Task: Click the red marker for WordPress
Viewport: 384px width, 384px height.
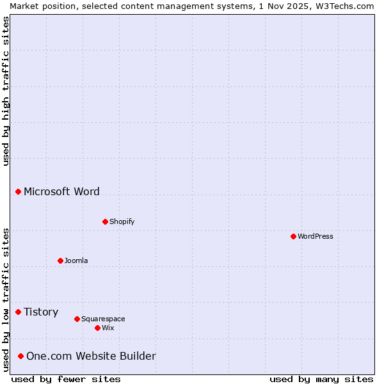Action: tap(293, 236)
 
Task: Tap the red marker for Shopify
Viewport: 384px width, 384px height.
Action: tap(105, 221)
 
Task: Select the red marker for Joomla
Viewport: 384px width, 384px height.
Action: tap(60, 260)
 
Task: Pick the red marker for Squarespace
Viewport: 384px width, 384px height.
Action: tap(77, 319)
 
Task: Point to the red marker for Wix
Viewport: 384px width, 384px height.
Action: tap(97, 328)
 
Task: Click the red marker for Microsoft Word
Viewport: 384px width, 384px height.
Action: tap(19, 191)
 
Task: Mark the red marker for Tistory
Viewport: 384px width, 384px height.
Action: tap(19, 312)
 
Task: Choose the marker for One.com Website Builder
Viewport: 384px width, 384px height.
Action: tap(21, 356)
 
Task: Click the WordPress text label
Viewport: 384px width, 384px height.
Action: tap(315, 236)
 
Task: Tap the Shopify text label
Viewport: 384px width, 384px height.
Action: tap(122, 221)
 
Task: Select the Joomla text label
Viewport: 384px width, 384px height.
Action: tap(76, 260)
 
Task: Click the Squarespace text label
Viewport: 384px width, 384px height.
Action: tap(103, 319)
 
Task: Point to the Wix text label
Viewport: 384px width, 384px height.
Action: tap(108, 328)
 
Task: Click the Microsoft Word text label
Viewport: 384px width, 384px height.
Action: tap(61, 191)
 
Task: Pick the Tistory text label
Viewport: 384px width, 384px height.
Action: tap(41, 312)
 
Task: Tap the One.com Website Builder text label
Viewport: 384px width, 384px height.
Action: tap(91, 356)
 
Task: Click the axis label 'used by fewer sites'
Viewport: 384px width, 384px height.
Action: tap(66, 379)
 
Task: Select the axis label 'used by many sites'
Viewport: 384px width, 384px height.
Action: tap(321, 379)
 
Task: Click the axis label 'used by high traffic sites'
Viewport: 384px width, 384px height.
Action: tap(6, 91)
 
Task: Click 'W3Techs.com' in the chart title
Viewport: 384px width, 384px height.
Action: tap(344, 6)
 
